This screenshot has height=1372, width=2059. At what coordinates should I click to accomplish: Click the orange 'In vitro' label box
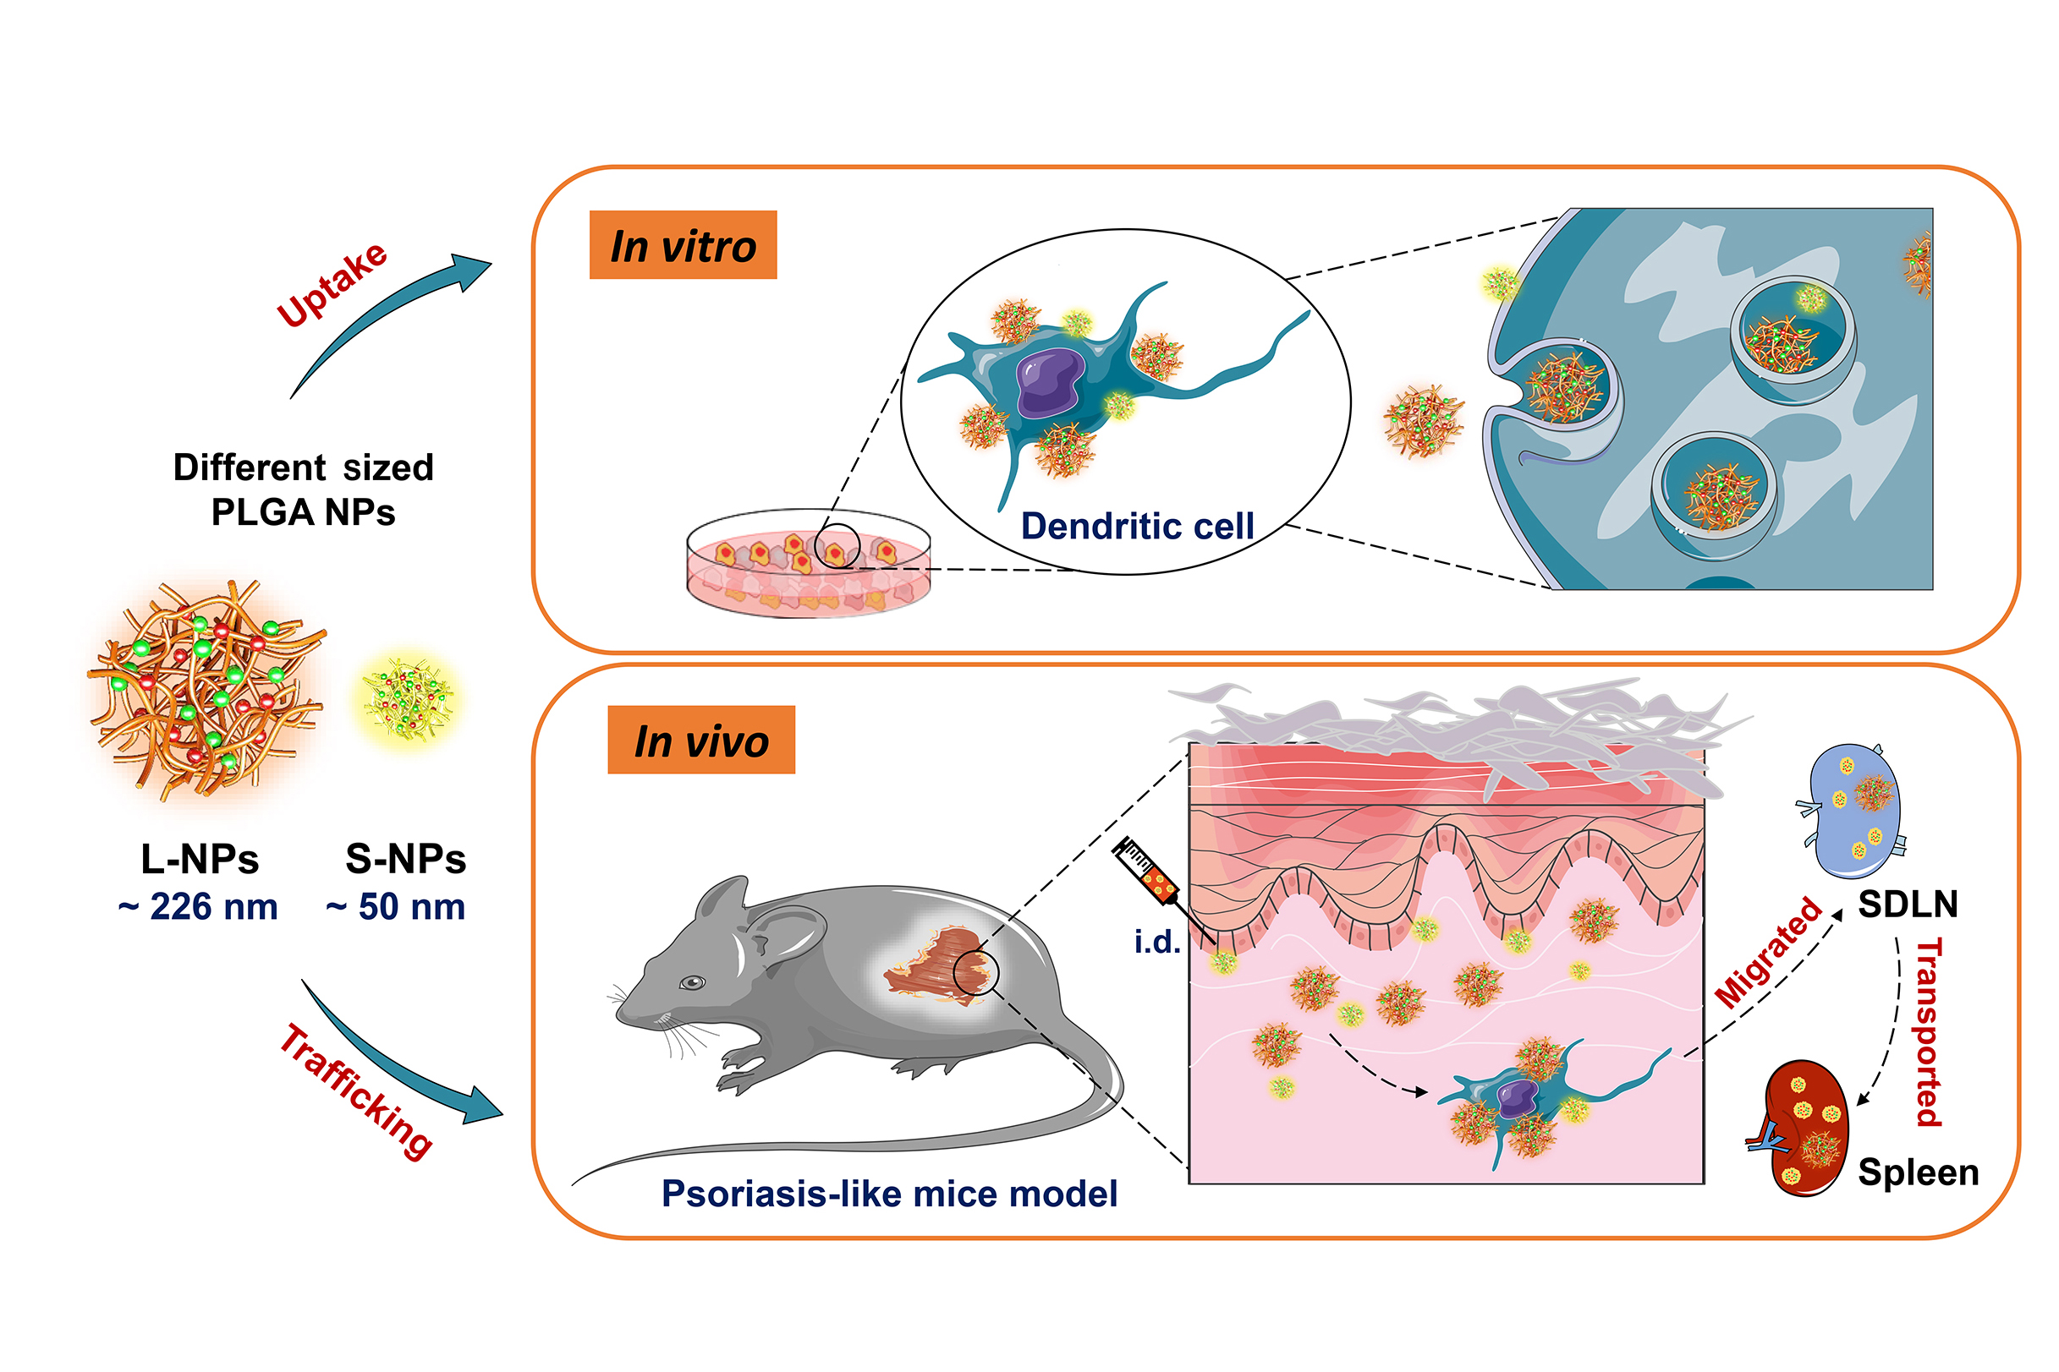point(683,245)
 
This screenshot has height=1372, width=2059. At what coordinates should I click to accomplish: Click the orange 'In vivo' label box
point(701,741)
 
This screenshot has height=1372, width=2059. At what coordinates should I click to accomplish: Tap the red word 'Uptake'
point(332,284)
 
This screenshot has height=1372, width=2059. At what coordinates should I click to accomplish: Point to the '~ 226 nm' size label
point(198,906)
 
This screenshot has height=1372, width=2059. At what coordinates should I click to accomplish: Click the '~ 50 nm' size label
point(396,906)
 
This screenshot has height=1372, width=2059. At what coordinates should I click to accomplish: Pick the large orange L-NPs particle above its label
point(205,690)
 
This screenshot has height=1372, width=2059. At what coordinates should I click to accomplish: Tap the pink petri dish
point(807,566)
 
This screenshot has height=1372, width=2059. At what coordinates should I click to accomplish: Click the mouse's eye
point(693,982)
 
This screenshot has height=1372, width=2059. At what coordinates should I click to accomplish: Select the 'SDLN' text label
point(1908,904)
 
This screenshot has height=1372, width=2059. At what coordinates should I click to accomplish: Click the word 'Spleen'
point(1918,1172)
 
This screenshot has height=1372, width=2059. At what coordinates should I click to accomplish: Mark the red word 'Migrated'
point(1768,954)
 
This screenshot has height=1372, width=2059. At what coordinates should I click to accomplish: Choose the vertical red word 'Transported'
point(1930,1032)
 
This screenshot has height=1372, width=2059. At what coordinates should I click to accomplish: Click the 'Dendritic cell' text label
point(1137,526)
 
